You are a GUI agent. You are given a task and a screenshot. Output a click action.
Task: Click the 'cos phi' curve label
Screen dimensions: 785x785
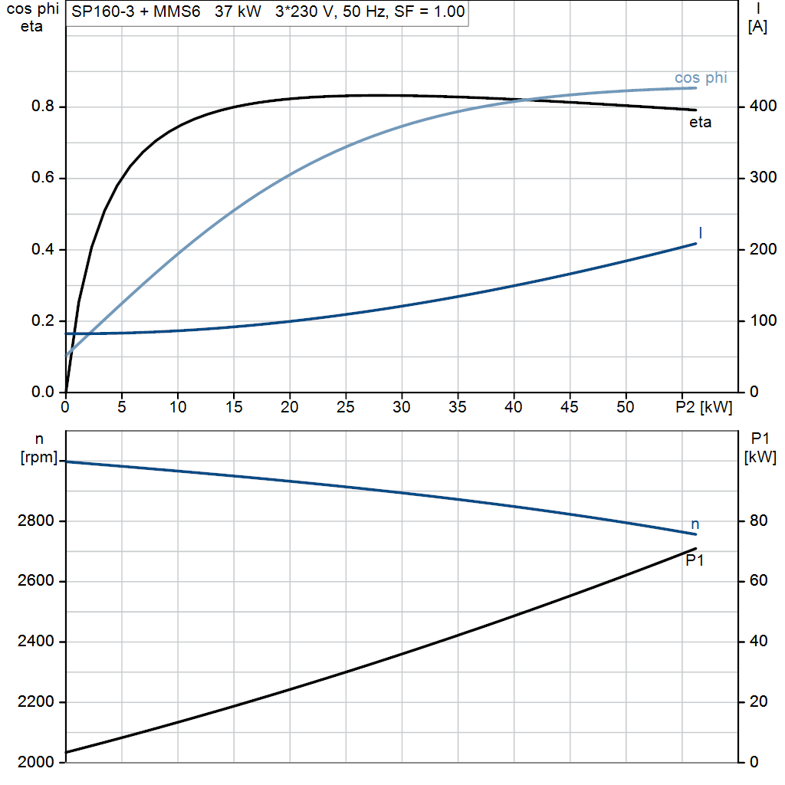coord(701,78)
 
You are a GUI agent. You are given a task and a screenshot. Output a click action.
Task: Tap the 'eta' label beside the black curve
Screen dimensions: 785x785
coord(700,123)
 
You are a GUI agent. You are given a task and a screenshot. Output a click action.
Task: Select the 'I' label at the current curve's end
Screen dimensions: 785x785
coord(701,233)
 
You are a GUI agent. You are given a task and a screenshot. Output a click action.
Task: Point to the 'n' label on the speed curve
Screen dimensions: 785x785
coord(695,524)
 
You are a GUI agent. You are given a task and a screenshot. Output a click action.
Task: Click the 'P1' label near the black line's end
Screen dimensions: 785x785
coord(695,560)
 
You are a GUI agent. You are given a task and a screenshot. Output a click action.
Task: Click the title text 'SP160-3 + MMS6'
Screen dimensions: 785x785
coord(136,11)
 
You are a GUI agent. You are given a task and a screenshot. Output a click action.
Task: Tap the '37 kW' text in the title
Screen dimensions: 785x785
coord(238,11)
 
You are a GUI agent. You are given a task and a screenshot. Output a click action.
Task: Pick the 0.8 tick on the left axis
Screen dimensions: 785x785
coord(43,106)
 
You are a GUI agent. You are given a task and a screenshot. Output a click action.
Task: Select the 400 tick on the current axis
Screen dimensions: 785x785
coord(763,106)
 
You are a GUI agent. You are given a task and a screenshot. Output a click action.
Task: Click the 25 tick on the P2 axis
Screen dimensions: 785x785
coord(346,407)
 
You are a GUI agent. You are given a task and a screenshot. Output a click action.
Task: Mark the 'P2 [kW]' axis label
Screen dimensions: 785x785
coord(704,407)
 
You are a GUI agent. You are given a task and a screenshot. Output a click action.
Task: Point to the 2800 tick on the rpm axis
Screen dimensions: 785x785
coord(35,521)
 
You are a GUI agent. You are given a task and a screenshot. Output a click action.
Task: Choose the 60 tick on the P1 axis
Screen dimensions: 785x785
coord(758,581)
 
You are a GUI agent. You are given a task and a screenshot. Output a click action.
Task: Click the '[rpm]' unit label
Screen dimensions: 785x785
coord(39,457)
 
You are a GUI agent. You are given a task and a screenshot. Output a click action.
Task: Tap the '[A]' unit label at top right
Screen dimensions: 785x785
coord(757,26)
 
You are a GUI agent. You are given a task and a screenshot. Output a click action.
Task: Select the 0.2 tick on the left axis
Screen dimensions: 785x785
coord(43,320)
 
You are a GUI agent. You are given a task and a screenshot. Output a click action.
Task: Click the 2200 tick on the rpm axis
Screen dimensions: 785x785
coord(35,702)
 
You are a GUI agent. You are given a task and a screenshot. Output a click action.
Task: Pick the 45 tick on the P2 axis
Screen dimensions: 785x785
coord(570,407)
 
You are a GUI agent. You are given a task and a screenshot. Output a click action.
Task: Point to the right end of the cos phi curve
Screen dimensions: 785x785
coord(696,88)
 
